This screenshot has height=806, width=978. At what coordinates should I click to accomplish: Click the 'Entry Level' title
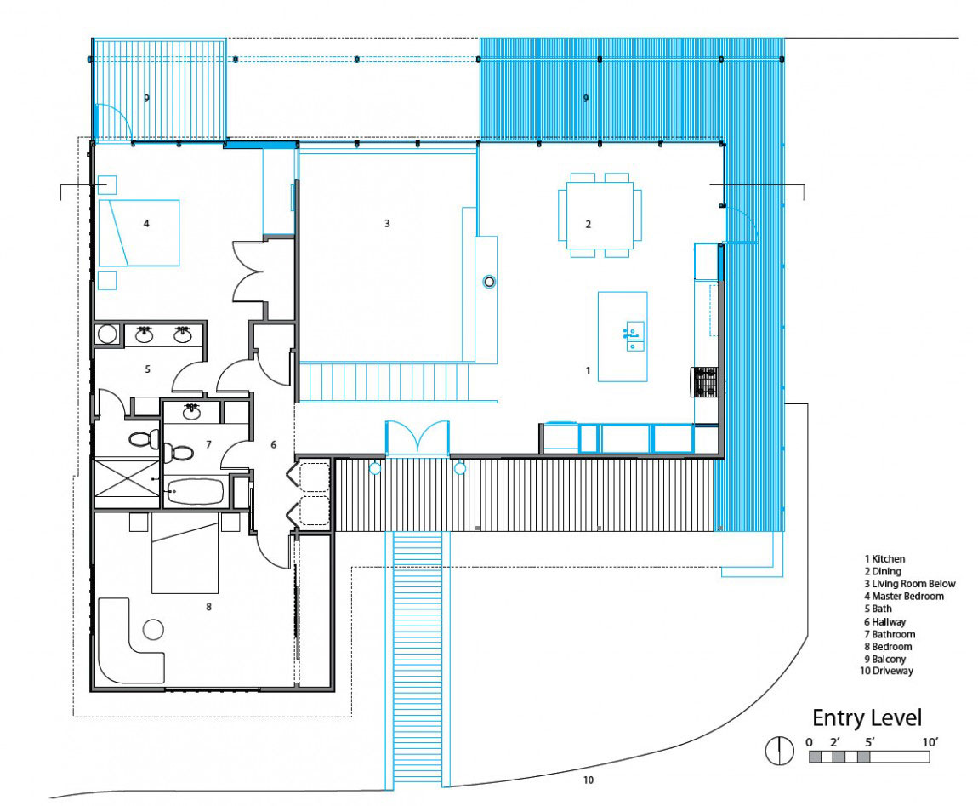(867, 718)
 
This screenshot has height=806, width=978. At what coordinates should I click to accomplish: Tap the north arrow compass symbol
(780, 750)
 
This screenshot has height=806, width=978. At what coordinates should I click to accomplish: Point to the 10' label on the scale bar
(930, 742)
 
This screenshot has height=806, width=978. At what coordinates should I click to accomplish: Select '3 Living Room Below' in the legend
(909, 584)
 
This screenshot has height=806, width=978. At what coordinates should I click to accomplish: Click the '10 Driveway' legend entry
(886, 672)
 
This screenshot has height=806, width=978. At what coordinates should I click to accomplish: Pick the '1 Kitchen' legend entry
(884, 559)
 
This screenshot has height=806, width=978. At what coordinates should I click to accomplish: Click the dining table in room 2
(600, 215)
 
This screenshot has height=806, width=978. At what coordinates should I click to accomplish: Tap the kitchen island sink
(634, 336)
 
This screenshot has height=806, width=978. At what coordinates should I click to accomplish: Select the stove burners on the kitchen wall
(704, 382)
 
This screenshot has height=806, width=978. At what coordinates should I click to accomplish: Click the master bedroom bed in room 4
(139, 233)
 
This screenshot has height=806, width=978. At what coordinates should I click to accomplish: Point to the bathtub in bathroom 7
(194, 491)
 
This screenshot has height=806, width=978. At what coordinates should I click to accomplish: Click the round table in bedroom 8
(153, 629)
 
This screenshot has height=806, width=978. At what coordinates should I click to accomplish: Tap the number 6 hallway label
(273, 444)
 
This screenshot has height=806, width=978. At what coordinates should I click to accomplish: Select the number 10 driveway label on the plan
(589, 780)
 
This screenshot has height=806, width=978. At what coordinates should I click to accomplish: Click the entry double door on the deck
(418, 438)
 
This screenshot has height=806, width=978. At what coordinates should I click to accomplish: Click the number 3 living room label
(387, 223)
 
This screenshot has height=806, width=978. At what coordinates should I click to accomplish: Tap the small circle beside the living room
(489, 282)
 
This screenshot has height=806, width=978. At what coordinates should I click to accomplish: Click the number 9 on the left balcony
(146, 98)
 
